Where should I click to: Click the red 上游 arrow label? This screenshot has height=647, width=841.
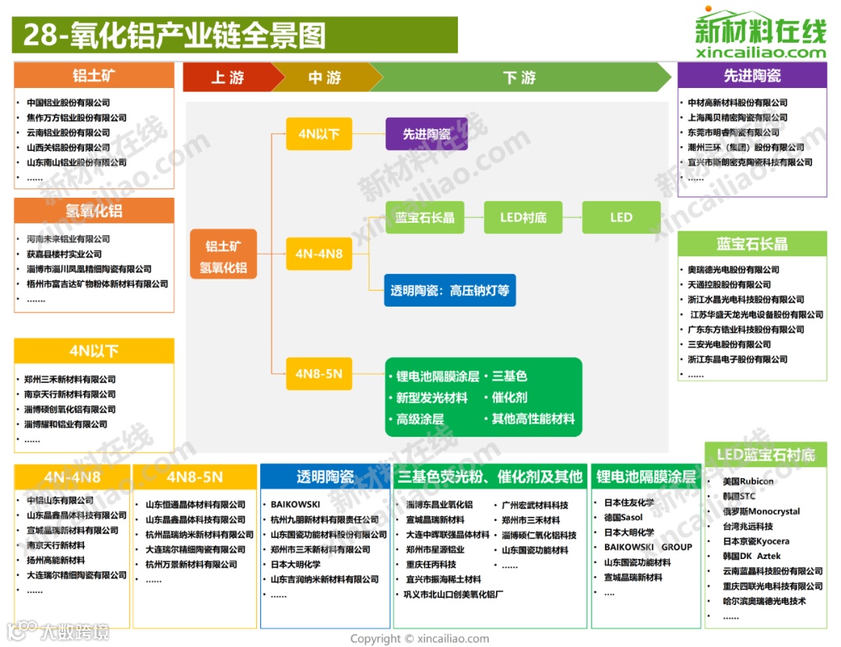point(227,77)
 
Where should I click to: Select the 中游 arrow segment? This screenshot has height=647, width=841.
point(325,77)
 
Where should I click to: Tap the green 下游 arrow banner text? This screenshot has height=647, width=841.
point(519,77)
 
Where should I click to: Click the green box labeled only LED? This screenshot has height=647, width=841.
point(621,217)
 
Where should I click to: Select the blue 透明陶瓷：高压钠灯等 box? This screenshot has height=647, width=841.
point(450,290)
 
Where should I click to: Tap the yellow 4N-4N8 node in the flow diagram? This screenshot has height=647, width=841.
point(318,254)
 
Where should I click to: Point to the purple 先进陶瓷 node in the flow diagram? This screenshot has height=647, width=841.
point(427,134)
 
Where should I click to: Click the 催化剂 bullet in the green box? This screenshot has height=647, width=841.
point(509,397)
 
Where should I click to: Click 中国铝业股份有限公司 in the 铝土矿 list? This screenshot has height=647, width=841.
point(69,103)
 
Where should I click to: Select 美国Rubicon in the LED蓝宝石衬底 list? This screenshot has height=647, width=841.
point(748,481)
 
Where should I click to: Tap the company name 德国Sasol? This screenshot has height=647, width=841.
point(623,518)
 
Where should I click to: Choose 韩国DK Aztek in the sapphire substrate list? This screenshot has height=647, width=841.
point(751,556)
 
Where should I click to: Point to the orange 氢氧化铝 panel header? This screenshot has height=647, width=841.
point(94,211)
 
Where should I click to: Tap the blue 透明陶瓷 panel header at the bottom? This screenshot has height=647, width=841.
point(325,476)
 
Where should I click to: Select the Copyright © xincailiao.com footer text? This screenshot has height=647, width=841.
point(420,638)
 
